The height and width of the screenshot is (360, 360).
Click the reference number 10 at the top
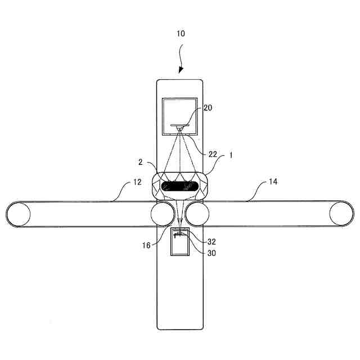click(179, 34)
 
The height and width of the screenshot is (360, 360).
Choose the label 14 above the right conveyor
click(273, 182)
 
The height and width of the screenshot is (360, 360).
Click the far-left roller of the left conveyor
click(19, 214)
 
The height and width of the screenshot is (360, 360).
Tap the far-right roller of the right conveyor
click(342, 214)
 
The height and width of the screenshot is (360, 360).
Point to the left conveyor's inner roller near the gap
click(163, 214)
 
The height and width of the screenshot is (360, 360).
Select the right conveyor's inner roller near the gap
click(198, 214)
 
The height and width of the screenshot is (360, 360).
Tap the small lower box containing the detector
click(180, 242)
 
